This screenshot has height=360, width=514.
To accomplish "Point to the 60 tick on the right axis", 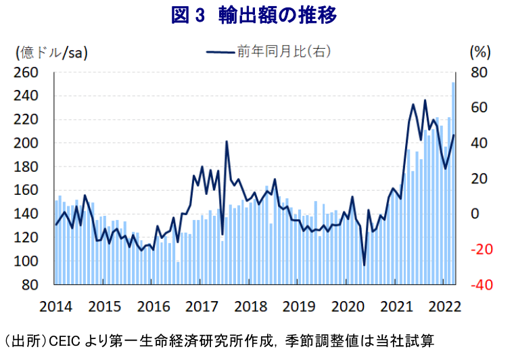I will (x=478, y=108).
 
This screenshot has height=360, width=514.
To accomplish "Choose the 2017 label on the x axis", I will (x=201, y=306).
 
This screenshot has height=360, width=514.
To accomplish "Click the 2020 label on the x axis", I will (x=347, y=306).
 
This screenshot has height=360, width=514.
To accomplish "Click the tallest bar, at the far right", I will (x=453, y=183).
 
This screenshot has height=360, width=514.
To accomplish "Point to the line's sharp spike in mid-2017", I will (x=227, y=141).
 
